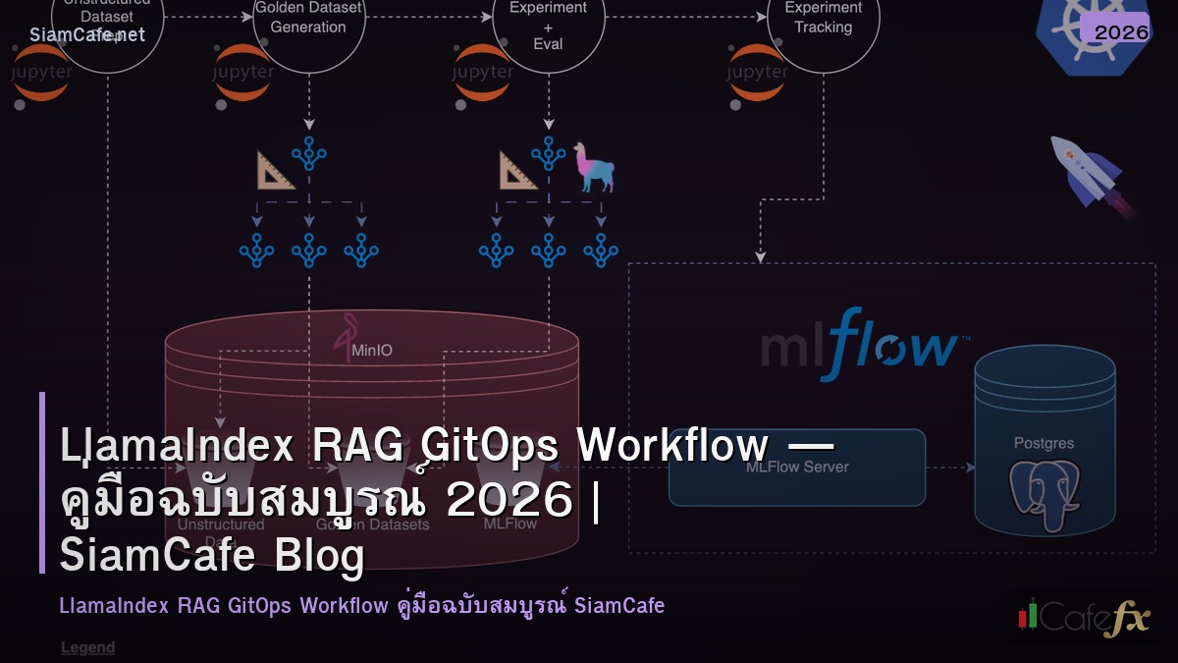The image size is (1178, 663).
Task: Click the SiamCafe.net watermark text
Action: point(87,35)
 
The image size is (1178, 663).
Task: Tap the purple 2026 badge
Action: point(1120,31)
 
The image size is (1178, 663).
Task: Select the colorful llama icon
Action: point(594,166)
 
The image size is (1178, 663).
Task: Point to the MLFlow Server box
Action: point(796,468)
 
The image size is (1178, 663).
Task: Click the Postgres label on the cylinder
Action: point(1044,443)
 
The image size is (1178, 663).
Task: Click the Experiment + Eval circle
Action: point(549,25)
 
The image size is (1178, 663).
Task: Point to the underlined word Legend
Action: point(87,647)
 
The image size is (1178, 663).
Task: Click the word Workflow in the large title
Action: point(672,447)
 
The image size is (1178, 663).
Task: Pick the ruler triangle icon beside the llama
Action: point(517,169)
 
